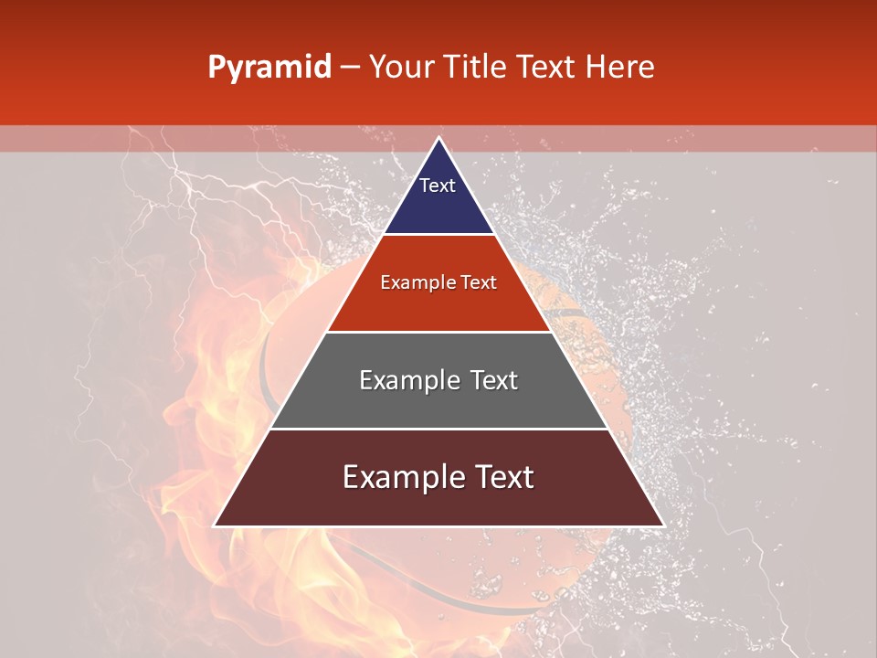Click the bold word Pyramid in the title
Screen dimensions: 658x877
269,68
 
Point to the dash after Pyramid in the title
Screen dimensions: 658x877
350,68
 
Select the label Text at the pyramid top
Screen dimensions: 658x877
438,186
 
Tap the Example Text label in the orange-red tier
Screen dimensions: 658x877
438,282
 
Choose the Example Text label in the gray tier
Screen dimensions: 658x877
438,380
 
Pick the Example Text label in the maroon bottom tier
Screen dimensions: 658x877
438,477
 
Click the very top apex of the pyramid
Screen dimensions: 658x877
438,139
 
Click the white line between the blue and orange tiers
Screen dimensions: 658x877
438,234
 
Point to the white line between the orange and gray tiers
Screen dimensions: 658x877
438,332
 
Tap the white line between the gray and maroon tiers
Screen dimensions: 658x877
438,429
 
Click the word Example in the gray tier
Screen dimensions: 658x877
407,380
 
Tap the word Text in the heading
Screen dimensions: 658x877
548,67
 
